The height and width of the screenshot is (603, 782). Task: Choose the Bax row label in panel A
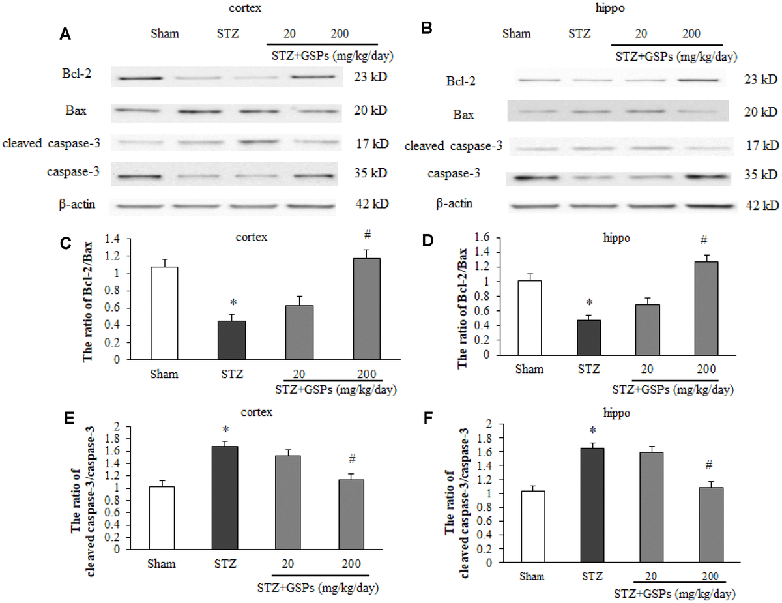76,111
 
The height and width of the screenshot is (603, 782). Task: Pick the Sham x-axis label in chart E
162,563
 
